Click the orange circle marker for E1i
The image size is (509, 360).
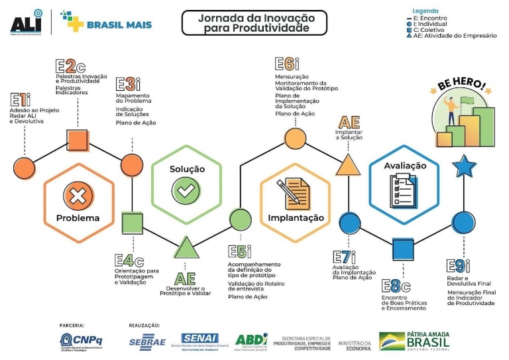24,168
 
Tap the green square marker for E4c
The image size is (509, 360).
133,223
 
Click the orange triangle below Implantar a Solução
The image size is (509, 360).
347,164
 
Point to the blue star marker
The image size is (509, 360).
464,165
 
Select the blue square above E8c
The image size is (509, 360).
402,249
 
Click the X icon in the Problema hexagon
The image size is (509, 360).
77,196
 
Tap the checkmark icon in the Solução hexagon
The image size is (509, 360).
186,192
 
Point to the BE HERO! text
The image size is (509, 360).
461,88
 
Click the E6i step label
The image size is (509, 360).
288,64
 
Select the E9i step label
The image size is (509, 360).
459,266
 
